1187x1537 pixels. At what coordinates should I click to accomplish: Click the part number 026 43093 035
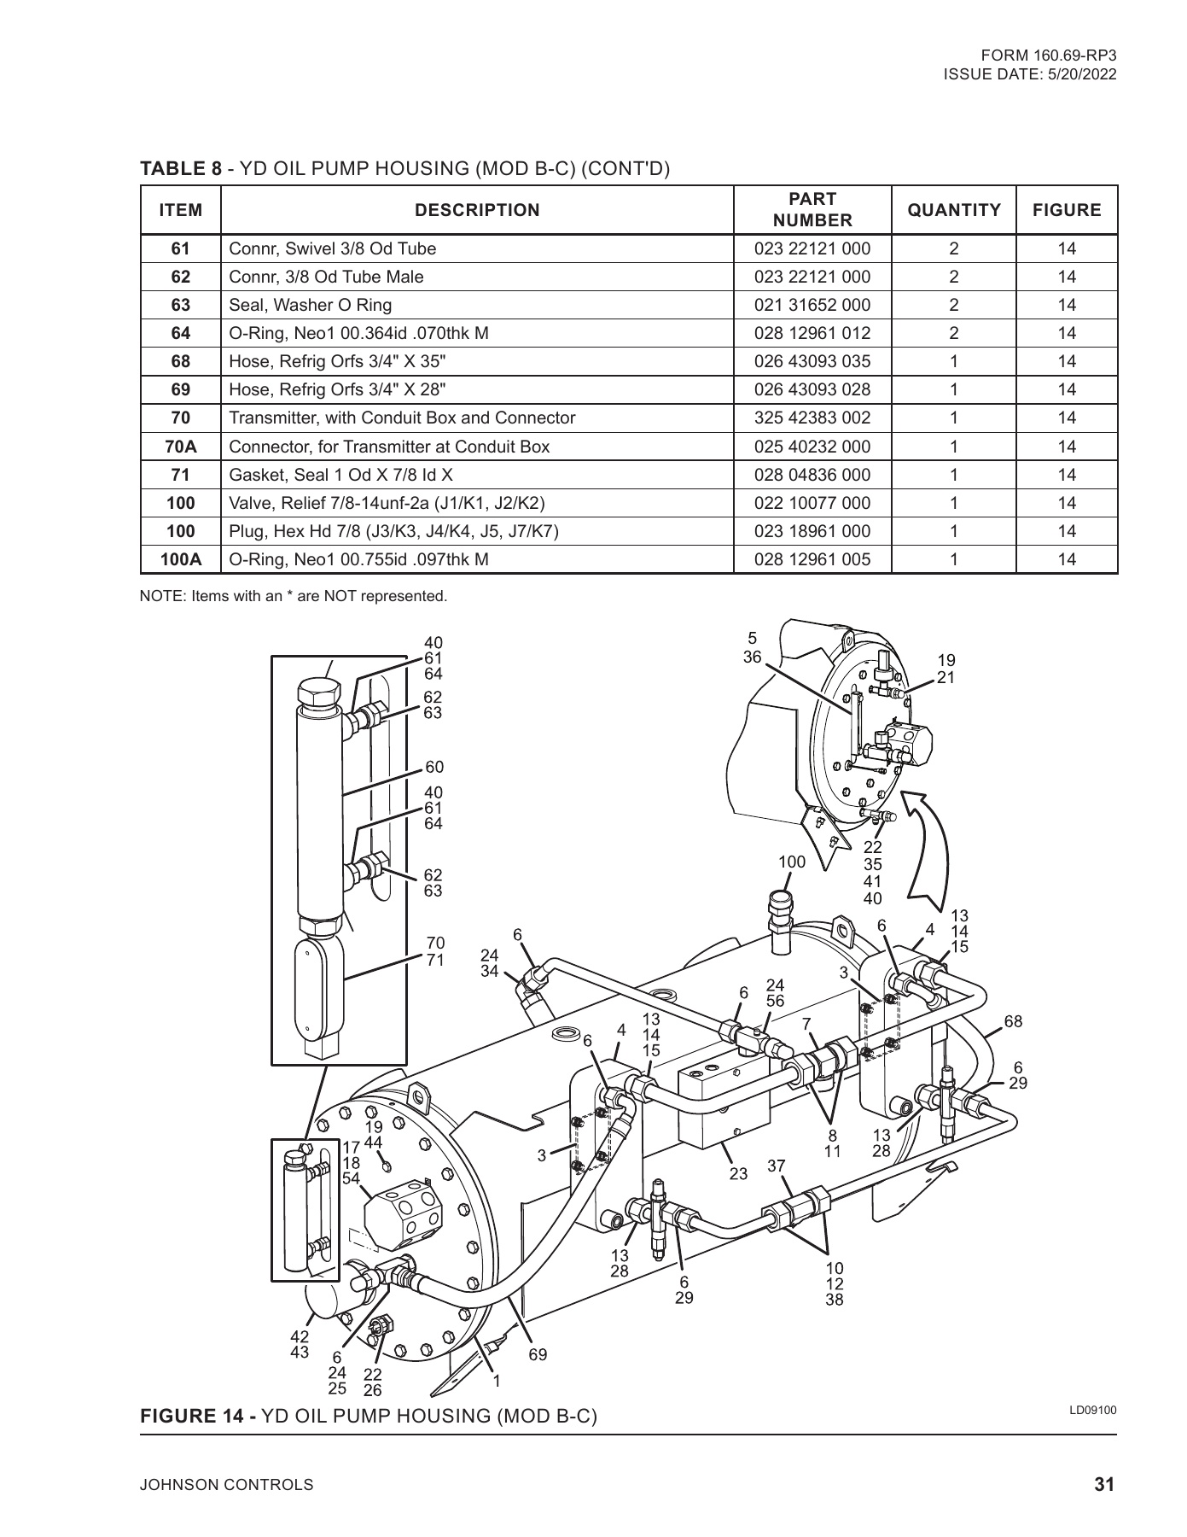812,361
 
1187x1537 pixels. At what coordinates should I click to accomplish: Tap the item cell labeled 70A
181,447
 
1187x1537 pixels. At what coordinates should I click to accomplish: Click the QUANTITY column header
953,210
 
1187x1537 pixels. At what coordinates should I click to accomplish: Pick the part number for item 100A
812,560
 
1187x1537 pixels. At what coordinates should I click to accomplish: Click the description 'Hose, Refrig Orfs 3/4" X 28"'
337,389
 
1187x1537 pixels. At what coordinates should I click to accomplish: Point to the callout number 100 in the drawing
792,862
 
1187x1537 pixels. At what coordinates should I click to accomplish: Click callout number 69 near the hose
538,1355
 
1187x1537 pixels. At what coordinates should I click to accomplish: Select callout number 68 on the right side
1013,1021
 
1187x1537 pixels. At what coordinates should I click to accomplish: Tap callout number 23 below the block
738,1174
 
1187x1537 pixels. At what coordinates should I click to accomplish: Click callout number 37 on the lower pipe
776,1166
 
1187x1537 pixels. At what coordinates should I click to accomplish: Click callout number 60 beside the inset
434,768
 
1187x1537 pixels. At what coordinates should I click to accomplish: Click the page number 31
1104,1485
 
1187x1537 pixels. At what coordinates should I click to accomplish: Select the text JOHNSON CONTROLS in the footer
226,1485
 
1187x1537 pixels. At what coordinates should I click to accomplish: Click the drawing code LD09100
1092,1410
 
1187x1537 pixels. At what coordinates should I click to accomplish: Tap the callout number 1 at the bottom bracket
497,1381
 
